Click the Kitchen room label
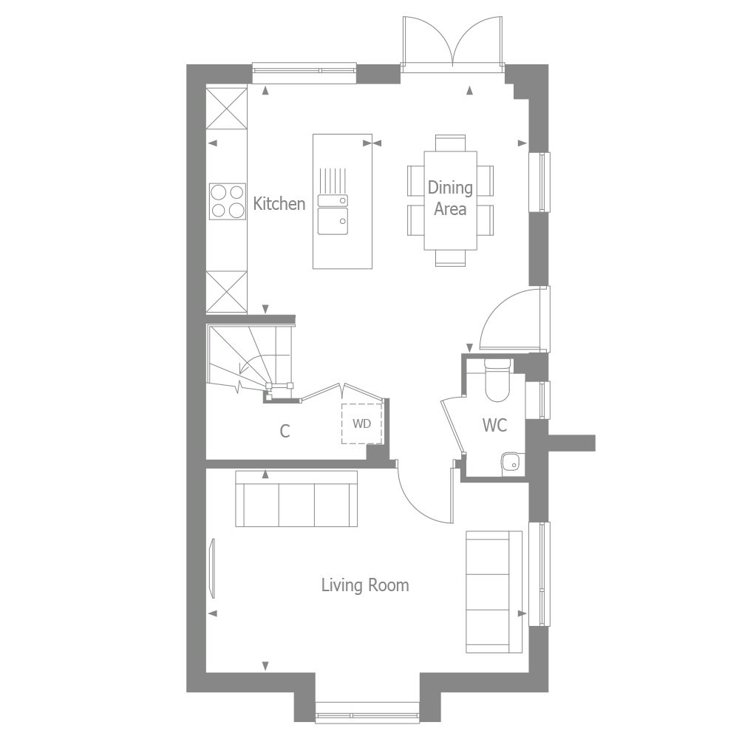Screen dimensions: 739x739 coord(279,204)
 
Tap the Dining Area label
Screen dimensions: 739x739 coord(450,198)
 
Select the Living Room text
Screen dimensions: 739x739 coord(364,585)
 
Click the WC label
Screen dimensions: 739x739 coord(494,426)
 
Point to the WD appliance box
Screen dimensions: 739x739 coord(361,423)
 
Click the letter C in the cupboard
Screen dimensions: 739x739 coord(285,432)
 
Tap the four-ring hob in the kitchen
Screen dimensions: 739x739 coord(227,200)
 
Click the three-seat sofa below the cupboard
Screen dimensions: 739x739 coord(296,499)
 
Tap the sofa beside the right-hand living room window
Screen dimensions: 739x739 coord(488,591)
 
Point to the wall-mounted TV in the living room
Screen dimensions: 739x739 coord(213,568)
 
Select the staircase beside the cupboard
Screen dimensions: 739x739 coord(248,355)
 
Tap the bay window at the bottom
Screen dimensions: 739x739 coord(367,715)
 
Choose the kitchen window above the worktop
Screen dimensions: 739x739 coord(304,71)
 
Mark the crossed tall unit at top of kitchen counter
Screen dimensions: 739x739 coord(226,109)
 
